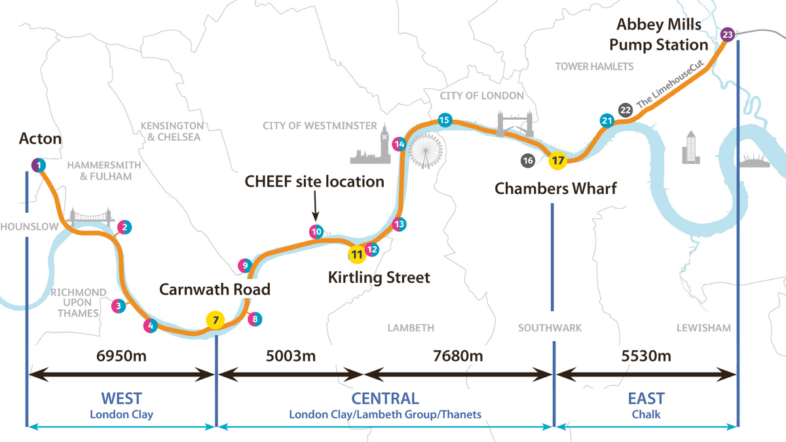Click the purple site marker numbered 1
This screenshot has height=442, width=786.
(39, 165)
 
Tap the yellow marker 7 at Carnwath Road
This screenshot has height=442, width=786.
(215, 320)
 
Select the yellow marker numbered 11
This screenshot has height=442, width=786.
(356, 253)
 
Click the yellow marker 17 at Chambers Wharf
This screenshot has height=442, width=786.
(557, 160)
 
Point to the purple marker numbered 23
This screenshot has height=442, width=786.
(726, 34)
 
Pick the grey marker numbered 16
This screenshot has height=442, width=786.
(528, 160)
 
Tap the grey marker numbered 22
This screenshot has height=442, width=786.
(626, 109)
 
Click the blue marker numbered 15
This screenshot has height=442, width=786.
(444, 120)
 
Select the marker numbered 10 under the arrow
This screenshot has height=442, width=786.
(316, 231)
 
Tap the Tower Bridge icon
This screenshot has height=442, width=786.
(509, 124)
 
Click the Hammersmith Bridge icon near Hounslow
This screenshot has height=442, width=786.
(92, 217)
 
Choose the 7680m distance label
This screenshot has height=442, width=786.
(458, 356)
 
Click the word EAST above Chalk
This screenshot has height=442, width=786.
(646, 398)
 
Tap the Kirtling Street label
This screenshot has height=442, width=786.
(379, 278)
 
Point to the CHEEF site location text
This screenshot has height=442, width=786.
(314, 181)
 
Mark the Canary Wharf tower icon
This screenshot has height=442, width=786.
(690, 147)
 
